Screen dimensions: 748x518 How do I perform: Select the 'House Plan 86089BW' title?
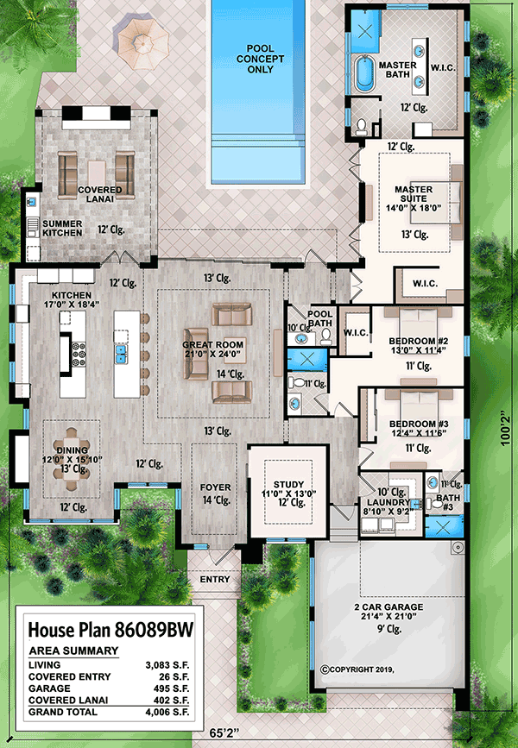coord(108,628)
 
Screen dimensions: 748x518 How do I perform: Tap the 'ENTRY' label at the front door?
coord(215,579)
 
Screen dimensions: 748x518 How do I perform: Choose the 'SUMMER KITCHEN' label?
coord(63,228)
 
